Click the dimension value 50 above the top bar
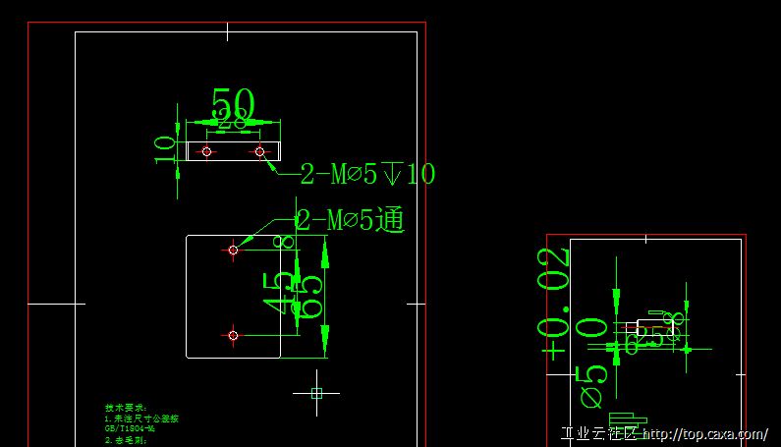(233, 103)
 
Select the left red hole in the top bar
(206, 151)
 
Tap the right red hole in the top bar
(259, 151)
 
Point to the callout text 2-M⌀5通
(350, 220)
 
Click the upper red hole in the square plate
(233, 250)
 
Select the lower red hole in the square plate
(233, 335)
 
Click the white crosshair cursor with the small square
(316, 393)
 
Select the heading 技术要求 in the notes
(126, 407)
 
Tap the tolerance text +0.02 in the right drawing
(555, 305)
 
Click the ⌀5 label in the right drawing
(593, 385)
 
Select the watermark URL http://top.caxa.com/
(704, 434)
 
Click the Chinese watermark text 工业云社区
(598, 434)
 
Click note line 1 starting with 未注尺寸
(141, 419)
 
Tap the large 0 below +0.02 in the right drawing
(592, 327)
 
